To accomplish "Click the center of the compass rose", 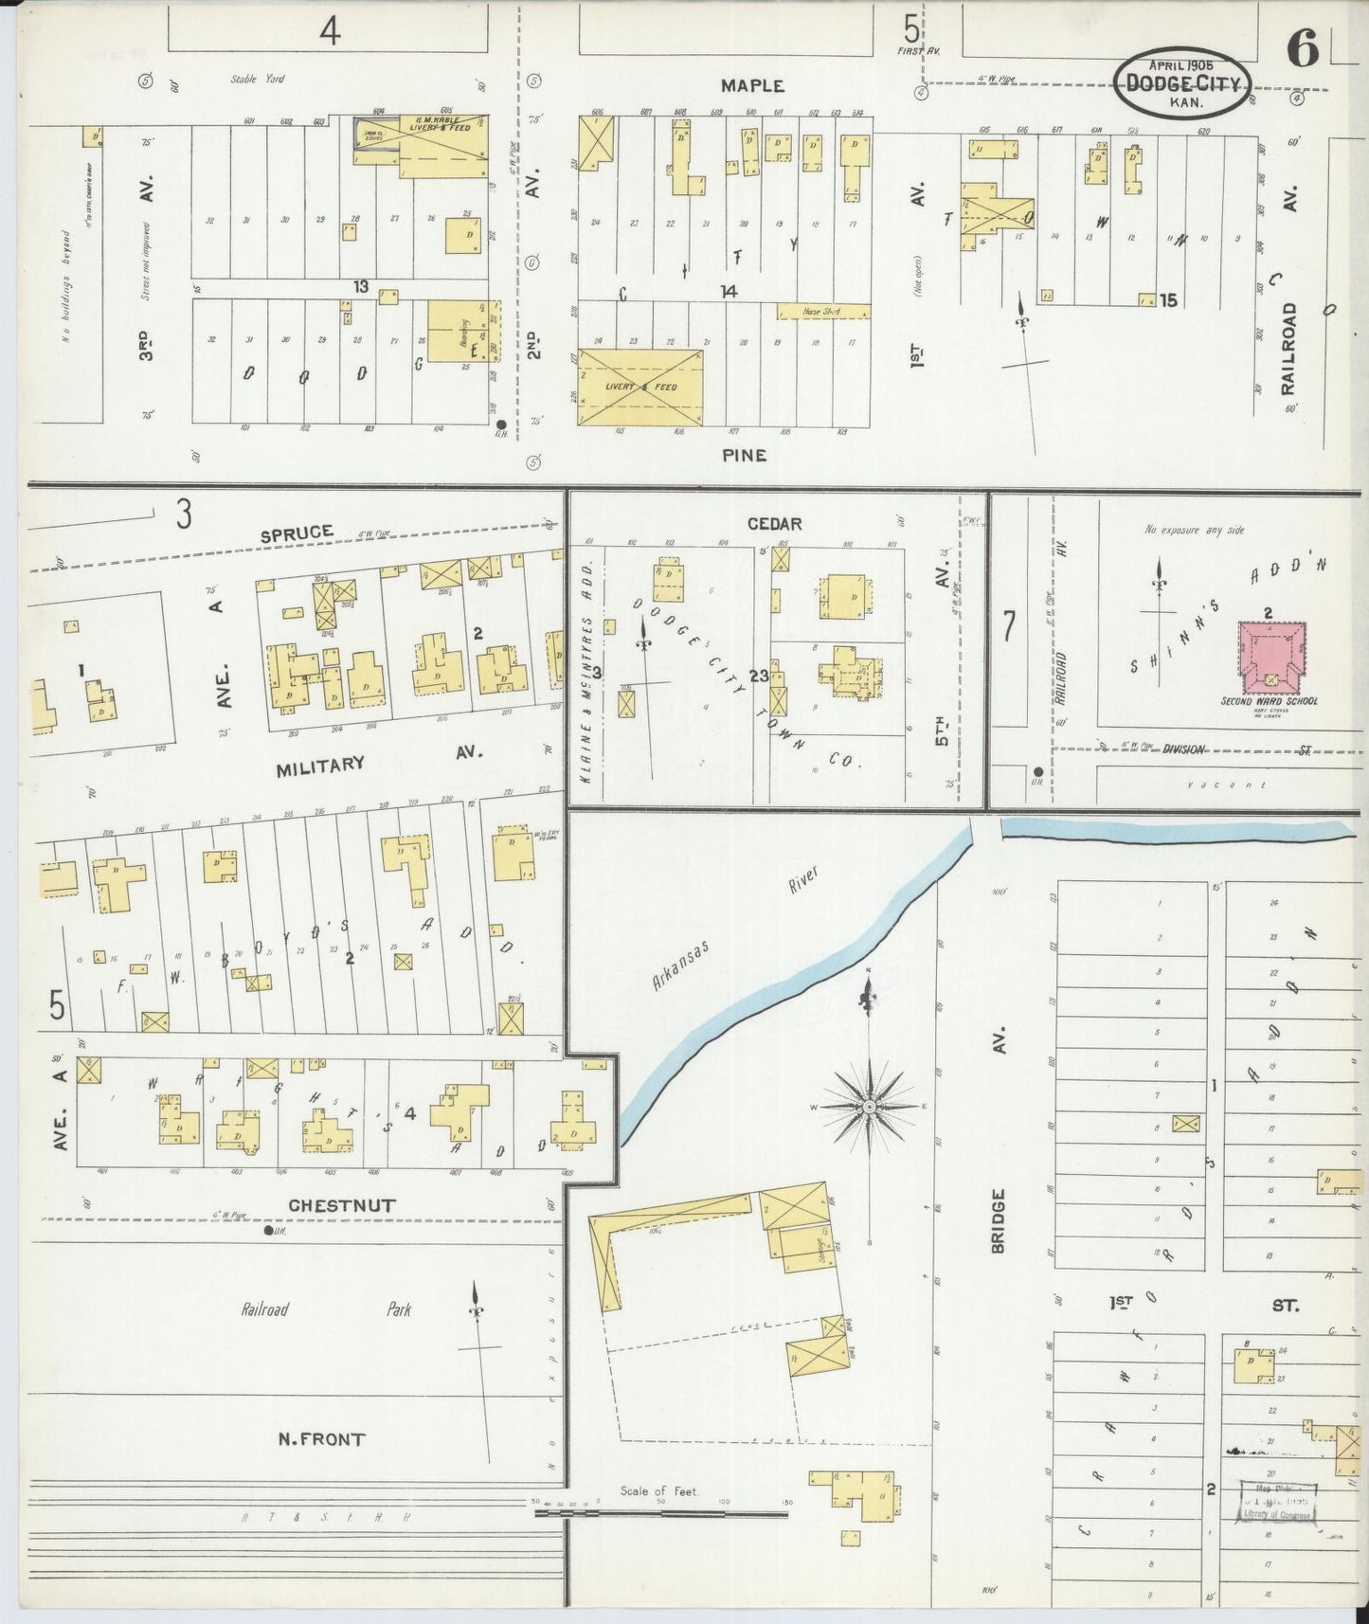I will coord(869,1107).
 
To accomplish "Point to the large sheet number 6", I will coord(1303,49).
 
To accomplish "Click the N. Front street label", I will coord(321,1439).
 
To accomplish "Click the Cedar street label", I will coord(774,524).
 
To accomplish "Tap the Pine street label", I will coord(744,455).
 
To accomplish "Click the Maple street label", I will coord(752,85).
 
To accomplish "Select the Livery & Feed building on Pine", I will coord(640,388).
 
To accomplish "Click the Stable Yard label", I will coord(257,80).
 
